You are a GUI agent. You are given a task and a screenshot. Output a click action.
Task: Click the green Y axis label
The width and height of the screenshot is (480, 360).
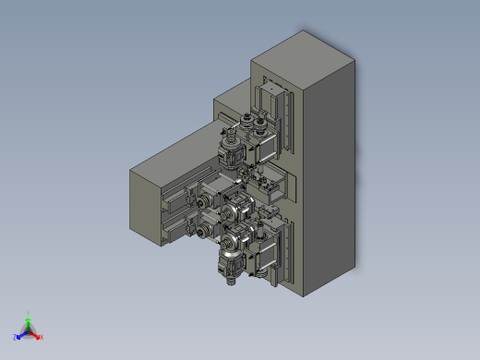pos(29,314)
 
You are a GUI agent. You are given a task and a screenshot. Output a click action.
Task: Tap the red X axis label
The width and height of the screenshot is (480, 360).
pos(41,337)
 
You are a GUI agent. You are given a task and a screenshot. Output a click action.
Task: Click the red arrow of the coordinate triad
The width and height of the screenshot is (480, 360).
pos(35,333)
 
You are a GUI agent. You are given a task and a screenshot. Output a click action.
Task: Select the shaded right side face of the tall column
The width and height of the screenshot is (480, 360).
pos(332,175)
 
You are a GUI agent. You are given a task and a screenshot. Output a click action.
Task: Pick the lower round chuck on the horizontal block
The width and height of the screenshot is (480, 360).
pos(204,231)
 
